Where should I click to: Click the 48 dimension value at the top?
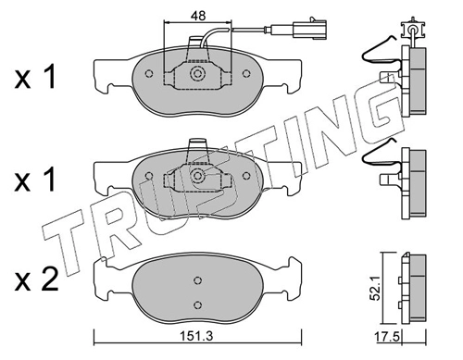tap(198, 16)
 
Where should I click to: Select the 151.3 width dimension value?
tap(197, 336)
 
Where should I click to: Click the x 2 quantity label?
tap(36, 279)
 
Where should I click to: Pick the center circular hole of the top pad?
tap(197, 74)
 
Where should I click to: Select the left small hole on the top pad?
tap(149, 74)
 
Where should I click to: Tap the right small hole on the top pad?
tap(246, 74)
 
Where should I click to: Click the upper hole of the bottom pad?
tap(197, 280)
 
